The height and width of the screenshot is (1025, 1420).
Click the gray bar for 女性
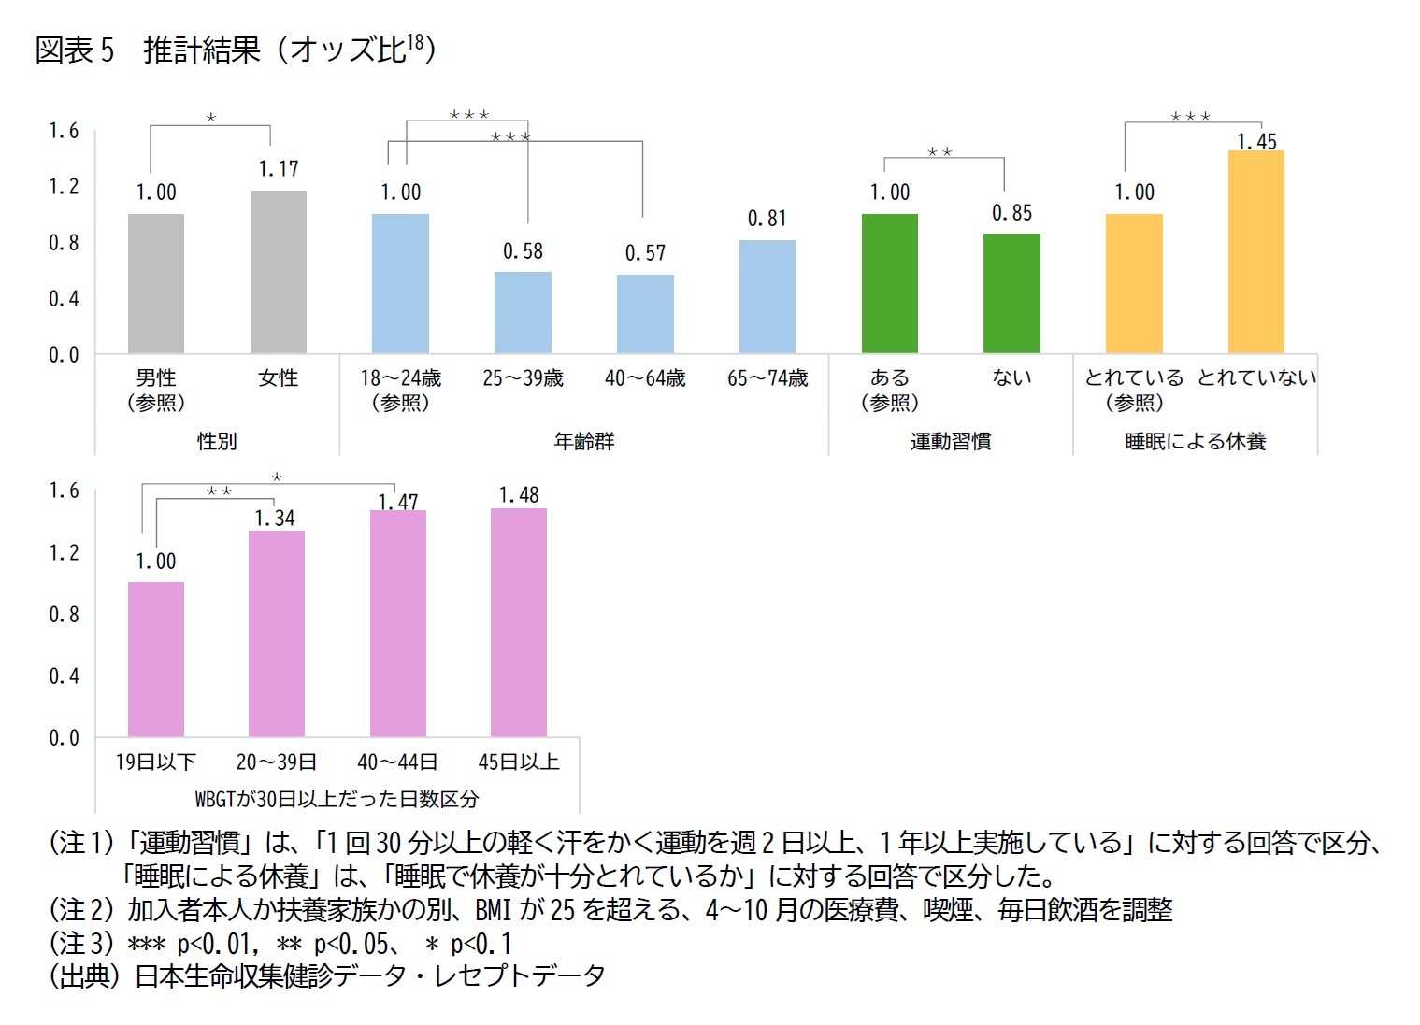coord(278,272)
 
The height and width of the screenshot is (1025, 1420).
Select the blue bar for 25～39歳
coord(523,312)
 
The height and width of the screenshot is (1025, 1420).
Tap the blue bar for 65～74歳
coord(767,296)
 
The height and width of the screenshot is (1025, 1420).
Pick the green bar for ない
coord(1011,293)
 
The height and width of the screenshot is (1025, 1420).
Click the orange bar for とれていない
coord(1255,251)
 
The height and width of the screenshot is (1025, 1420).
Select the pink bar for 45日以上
coord(519,622)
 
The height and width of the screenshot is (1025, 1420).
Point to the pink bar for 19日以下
coord(156,659)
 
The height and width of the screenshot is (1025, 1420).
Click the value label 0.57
coord(645,253)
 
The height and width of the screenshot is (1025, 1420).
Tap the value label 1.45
coord(1256,142)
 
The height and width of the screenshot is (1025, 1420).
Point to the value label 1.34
coord(275,519)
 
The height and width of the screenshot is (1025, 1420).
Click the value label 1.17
coord(279,169)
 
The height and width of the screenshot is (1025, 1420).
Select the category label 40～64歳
coord(645,378)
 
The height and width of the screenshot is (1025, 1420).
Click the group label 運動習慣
coord(950,441)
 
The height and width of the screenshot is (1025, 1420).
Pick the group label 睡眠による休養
coord(1195,441)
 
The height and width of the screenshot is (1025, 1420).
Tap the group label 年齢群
coord(584,441)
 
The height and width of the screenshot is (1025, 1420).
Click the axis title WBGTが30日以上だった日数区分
coord(337,799)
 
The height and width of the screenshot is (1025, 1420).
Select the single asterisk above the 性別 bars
coord(211,118)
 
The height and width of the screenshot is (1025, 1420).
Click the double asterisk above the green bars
coord(939,151)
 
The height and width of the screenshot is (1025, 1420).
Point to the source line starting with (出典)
coord(327,975)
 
